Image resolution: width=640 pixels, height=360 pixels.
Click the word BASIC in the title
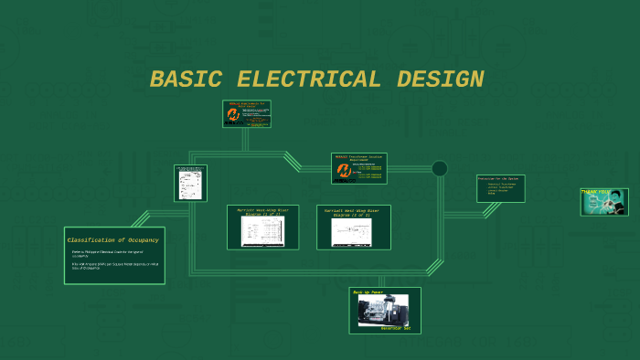click(x=186, y=79)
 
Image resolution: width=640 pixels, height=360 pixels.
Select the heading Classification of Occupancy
click(x=113, y=239)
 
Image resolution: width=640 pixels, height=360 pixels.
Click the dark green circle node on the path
click(x=440, y=168)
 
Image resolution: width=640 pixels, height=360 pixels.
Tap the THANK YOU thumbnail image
click(x=603, y=202)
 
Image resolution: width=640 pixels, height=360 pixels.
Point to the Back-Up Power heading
click(x=368, y=292)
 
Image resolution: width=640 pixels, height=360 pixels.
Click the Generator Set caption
click(x=396, y=328)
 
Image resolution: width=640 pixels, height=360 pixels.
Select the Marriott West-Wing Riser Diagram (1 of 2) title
click(x=262, y=211)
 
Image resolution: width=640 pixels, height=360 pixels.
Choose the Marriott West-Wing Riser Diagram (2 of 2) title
click(x=354, y=211)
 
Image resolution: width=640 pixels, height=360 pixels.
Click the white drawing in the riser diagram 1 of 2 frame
click(x=262, y=232)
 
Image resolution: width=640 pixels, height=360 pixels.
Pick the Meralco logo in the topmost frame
click(x=233, y=115)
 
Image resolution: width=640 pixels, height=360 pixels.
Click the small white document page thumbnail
click(x=190, y=183)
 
